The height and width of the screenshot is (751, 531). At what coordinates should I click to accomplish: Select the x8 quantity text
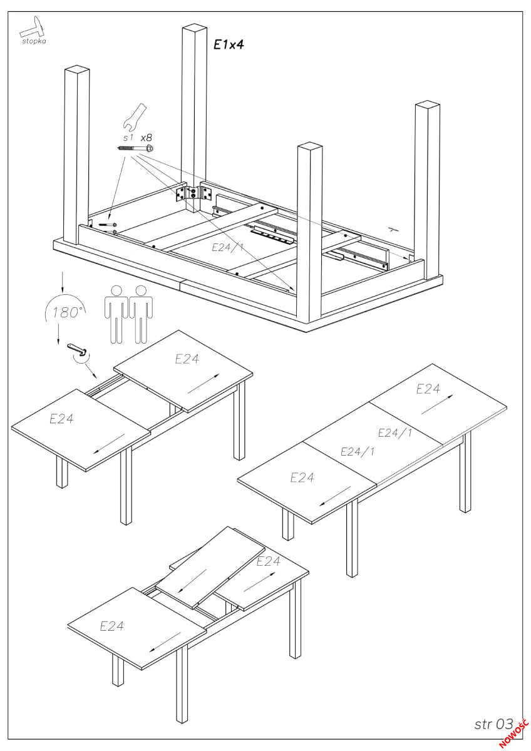pyautogui.click(x=146, y=136)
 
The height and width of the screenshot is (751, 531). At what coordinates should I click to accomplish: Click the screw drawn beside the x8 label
pyautogui.click(x=135, y=148)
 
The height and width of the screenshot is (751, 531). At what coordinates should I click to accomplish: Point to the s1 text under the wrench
pyautogui.click(x=128, y=136)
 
